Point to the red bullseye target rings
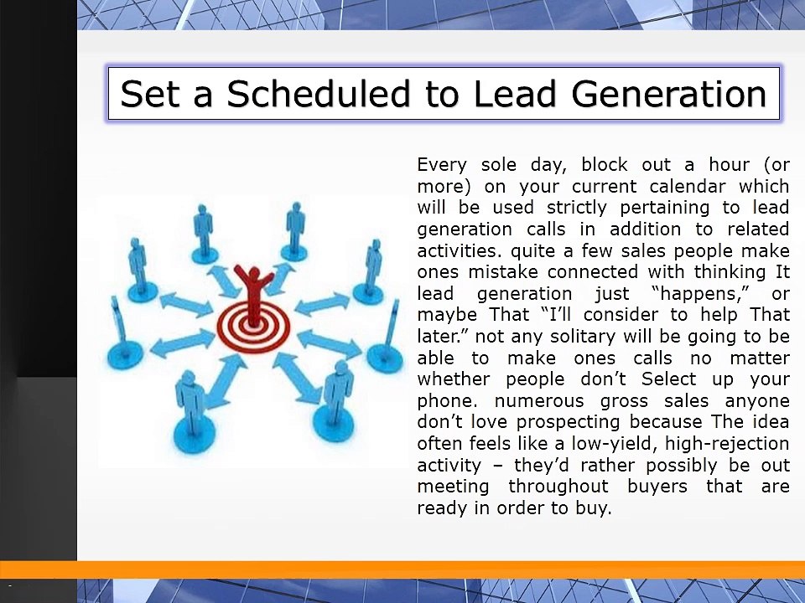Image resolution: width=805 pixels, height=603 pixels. pos(253,326)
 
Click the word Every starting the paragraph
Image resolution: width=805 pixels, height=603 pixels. pos(445,164)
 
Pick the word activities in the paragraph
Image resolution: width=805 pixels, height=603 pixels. pos(457,250)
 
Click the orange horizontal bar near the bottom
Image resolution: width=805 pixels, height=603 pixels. pos(402,569)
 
